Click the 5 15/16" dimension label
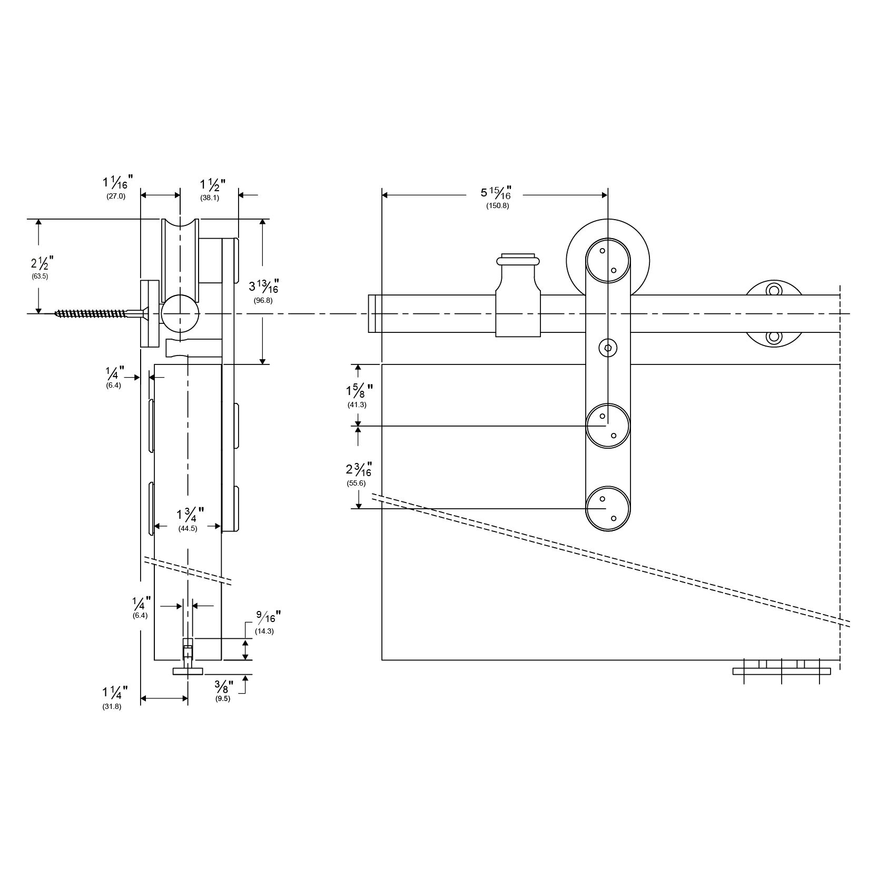(x=495, y=193)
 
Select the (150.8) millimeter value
(x=497, y=206)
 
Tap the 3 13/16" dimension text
(x=263, y=287)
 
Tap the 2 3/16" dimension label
(x=359, y=470)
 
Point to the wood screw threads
(x=90, y=314)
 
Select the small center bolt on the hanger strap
(x=608, y=348)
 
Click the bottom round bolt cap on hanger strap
(x=608, y=509)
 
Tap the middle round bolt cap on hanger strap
(x=608, y=426)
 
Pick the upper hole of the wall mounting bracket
(x=774, y=290)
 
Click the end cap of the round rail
(x=372, y=314)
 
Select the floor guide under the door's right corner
(x=782, y=670)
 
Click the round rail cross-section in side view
(x=181, y=314)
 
